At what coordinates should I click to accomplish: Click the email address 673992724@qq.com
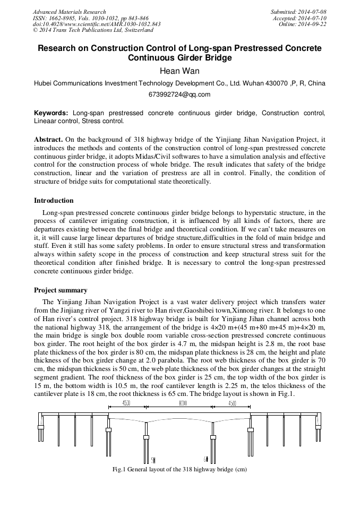pos(179,94)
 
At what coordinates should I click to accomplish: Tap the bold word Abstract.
pos(48,139)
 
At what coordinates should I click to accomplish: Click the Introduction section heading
pos(54,201)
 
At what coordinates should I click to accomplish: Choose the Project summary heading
pos(61,290)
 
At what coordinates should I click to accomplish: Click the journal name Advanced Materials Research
pos(69,12)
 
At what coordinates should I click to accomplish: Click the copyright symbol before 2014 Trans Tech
pos(35,31)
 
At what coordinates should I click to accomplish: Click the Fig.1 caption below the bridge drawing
pos(179,470)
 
